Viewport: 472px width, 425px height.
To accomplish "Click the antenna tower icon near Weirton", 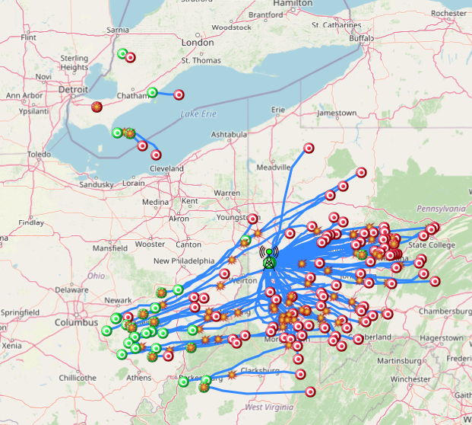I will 268,259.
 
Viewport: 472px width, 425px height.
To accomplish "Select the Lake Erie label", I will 198,114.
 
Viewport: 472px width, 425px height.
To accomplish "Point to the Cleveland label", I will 166,168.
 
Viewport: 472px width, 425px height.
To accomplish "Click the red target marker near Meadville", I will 309,148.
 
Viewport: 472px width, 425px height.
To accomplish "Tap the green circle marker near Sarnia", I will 123,53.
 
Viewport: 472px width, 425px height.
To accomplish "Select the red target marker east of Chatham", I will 179,95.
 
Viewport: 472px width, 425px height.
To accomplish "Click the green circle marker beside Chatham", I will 152,93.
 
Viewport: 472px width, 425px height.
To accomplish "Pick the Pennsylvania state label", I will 441,208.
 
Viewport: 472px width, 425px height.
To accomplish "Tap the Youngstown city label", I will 239,217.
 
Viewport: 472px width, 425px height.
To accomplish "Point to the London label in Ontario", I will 198,43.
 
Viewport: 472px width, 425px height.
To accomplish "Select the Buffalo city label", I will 362,38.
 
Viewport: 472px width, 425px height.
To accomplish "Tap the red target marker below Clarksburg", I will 310,391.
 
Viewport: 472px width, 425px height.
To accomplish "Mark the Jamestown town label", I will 337,113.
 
